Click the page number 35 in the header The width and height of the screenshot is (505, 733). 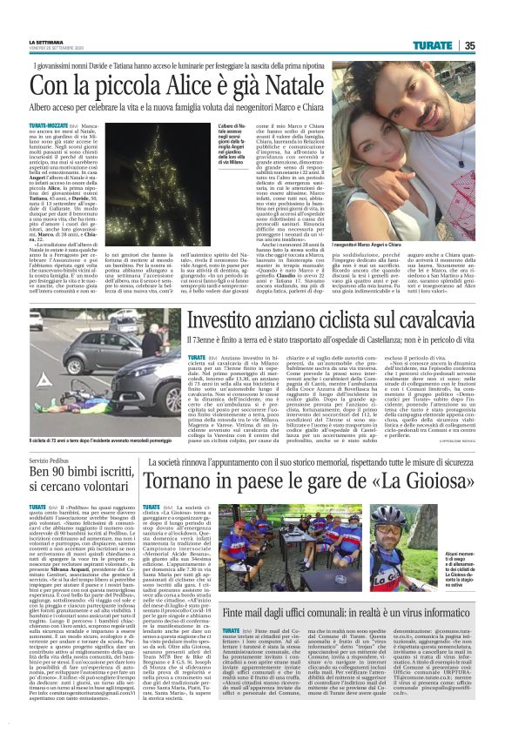494,44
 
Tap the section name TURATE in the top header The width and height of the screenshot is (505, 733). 457,44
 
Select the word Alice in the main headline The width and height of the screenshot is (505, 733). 195,85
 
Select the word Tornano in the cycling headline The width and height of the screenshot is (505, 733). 183,481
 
